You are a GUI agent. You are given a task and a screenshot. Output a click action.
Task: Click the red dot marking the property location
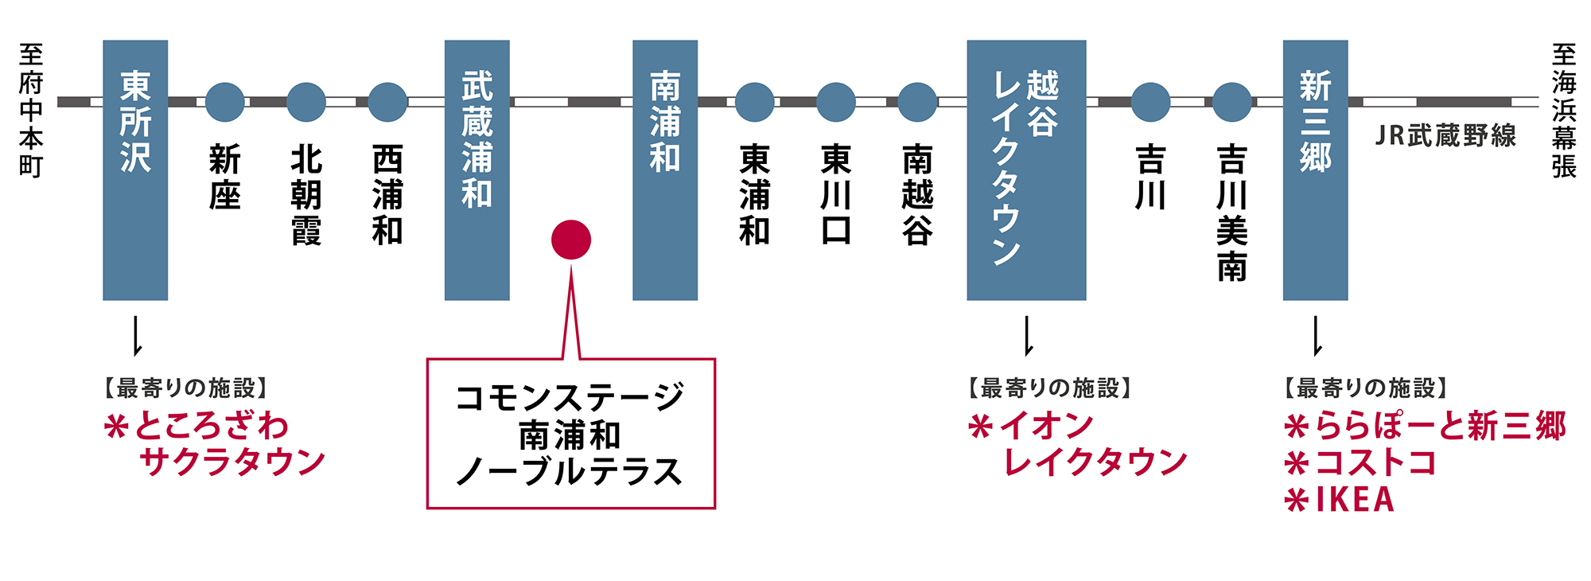pos(571,239)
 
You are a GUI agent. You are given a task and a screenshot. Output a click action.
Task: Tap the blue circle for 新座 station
pos(225,102)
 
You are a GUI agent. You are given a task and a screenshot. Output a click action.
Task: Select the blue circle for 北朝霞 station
pos(306,102)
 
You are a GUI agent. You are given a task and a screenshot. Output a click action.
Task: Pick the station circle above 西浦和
pos(388,102)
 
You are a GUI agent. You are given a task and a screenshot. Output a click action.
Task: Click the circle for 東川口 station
pos(836,102)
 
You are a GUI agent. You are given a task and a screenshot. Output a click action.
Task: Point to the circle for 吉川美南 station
pos(1232,102)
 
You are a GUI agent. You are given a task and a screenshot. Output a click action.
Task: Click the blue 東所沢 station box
pos(135,170)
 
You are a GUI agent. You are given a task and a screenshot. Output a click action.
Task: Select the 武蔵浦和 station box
pos(477,170)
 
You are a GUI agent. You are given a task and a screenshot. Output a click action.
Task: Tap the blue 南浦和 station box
pos(665,170)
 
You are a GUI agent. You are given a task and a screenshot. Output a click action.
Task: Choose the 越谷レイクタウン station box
pos(1026,170)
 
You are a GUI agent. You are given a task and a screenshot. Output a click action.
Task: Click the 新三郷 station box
pos(1315,170)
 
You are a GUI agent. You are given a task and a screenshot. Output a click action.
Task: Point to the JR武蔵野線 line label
pos(1445,136)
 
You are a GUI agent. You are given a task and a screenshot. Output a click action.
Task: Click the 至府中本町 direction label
pos(31,111)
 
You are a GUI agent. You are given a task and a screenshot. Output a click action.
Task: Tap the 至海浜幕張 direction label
pos(1563,111)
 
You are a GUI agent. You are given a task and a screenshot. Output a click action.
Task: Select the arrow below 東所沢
pos(137,336)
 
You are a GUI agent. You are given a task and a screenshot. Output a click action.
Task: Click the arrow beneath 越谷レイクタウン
pos(1028,336)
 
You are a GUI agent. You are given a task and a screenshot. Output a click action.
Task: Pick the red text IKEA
pos(1355,500)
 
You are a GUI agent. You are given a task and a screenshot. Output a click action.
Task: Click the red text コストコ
pos(1375,463)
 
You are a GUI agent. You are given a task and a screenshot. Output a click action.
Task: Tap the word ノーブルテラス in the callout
pos(570,472)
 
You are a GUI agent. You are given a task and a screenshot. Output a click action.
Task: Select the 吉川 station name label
pos(1150,177)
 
